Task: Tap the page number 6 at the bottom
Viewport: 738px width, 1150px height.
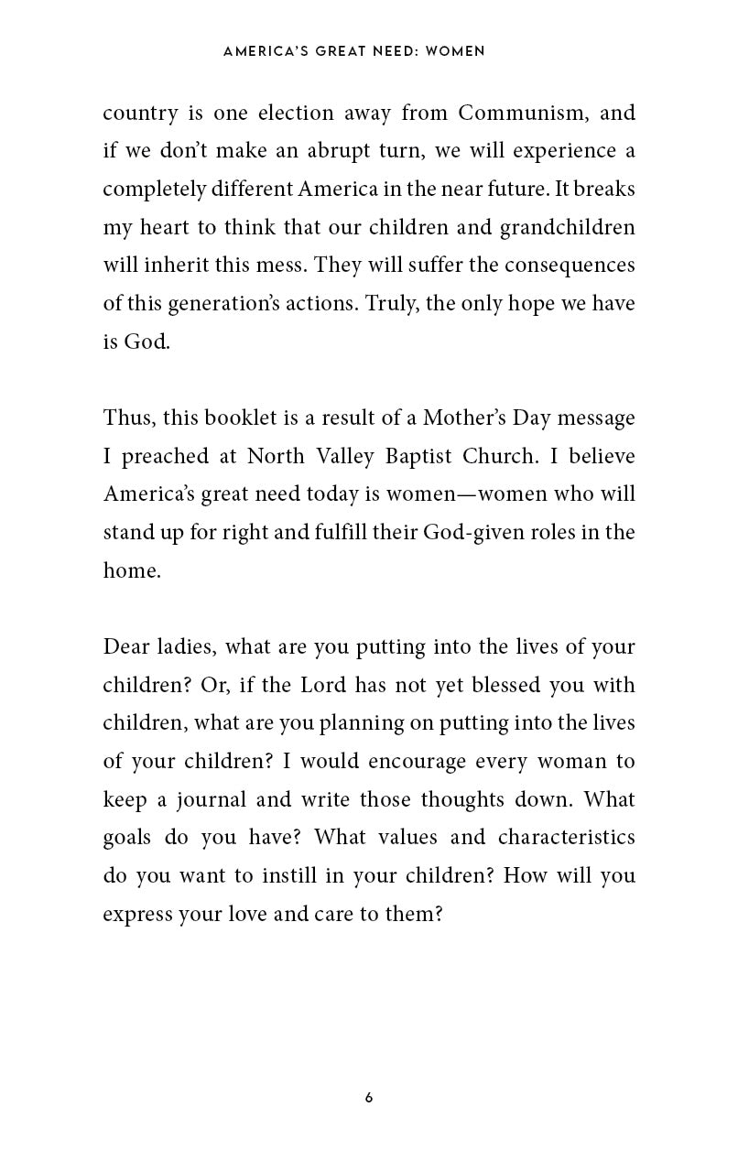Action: tap(368, 1098)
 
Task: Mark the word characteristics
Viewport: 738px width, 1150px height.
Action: tap(566, 838)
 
